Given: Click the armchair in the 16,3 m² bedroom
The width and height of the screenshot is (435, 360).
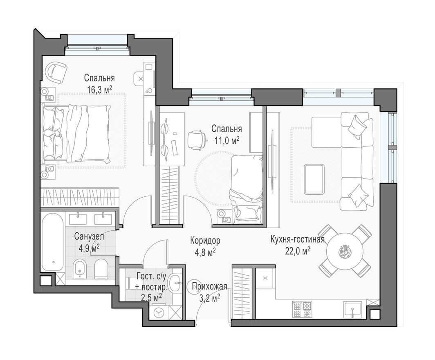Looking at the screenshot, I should click(56, 72).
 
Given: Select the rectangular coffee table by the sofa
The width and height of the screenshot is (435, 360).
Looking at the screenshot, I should click(314, 179).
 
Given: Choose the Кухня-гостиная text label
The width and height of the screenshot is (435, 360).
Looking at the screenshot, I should click(297, 240).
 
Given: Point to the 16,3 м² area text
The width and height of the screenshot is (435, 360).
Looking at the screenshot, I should click(99, 90).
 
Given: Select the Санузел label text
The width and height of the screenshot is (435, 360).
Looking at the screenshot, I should click(89, 236).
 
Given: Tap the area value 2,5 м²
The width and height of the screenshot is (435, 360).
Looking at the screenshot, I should click(151, 297).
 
